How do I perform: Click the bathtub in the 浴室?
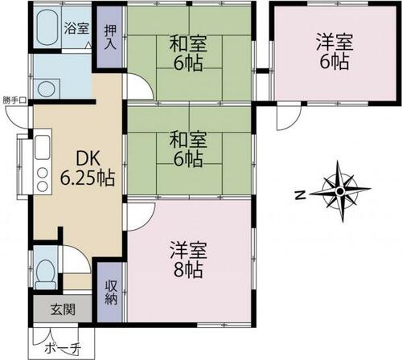tap(47, 27)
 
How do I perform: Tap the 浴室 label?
tap(76, 28)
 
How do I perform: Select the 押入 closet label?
tap(110, 37)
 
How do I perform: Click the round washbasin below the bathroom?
tap(46, 88)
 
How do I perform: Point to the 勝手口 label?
tap(14, 100)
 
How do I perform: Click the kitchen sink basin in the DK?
tap(43, 147)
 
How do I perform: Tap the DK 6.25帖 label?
tap(88, 168)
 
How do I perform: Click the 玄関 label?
tap(63, 310)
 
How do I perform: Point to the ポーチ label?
tap(63, 348)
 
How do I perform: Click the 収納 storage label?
tap(111, 292)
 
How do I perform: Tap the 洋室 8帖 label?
tap(188, 260)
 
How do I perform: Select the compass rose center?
tap(340, 191)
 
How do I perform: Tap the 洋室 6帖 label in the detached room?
tap(334, 51)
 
